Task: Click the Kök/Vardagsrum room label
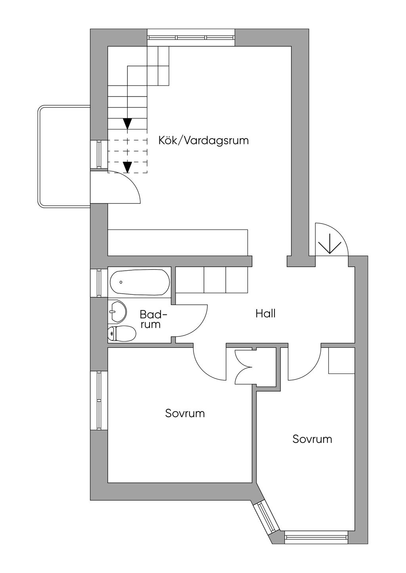tap(203, 141)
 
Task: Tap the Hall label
tap(265, 313)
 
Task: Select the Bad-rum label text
tap(153, 319)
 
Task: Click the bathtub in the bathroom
tap(140, 283)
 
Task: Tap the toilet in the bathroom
tap(122, 334)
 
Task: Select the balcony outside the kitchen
tap(64, 156)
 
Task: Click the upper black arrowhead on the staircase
tap(127, 123)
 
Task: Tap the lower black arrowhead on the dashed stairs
tap(127, 167)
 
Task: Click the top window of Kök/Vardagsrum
tap(191, 37)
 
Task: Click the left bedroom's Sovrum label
tap(185, 414)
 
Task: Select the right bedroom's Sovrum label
tap(312, 439)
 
